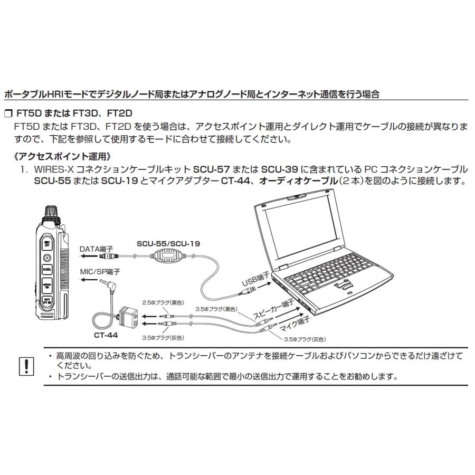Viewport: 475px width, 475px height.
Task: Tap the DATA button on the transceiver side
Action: (x=46, y=269)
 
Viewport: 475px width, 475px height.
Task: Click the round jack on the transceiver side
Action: (x=47, y=258)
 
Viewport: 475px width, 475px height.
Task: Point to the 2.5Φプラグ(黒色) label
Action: (x=161, y=302)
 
